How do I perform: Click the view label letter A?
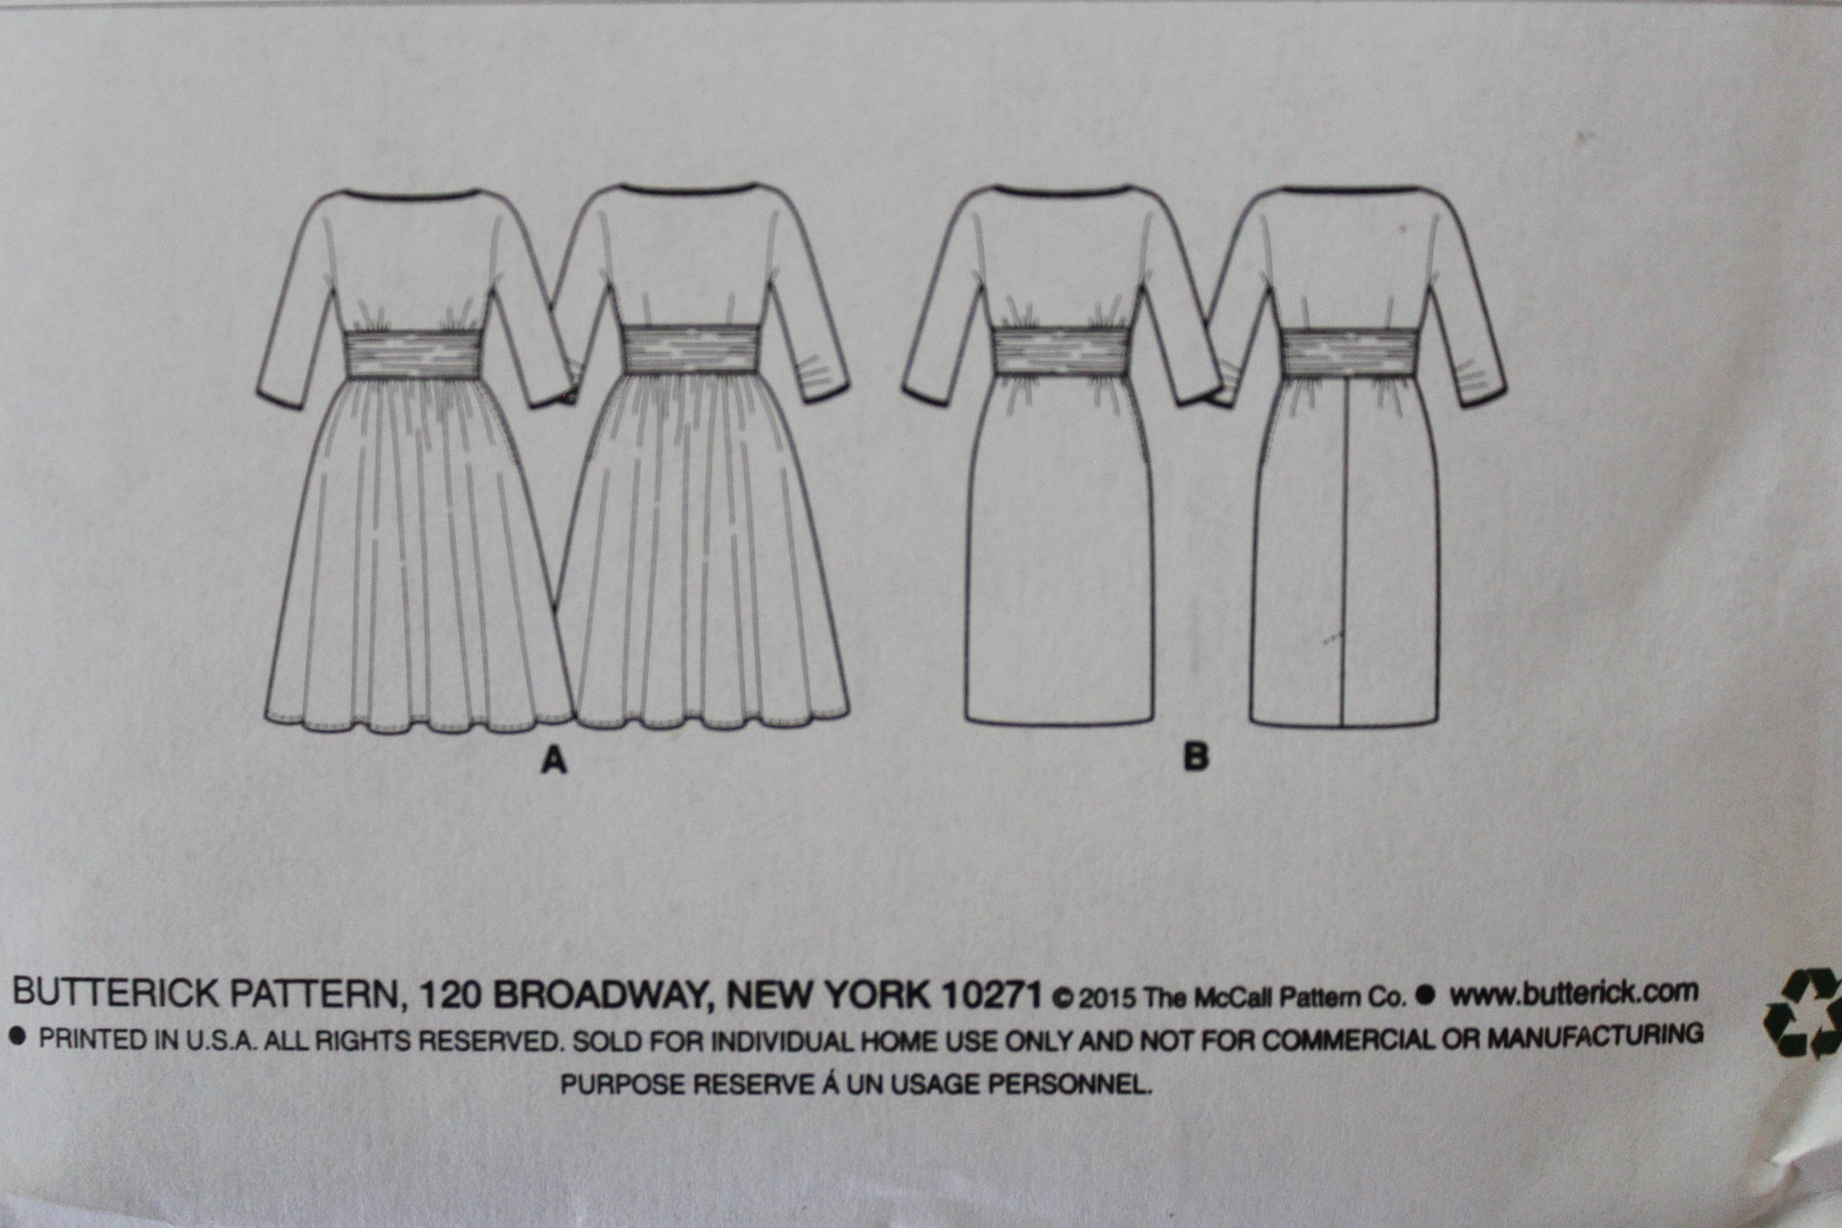(x=553, y=762)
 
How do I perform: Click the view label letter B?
(x=1196, y=758)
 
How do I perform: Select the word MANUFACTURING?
(x=1595, y=1035)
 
